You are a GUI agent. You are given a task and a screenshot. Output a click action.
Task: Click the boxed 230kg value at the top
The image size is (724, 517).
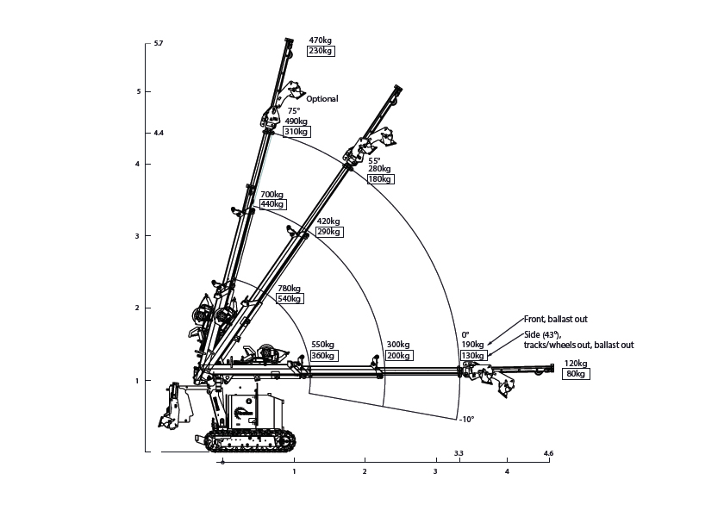[321, 51]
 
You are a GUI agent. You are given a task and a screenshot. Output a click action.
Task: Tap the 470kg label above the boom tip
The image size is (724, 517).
[321, 40]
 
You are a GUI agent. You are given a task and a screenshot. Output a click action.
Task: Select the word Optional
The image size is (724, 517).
[321, 99]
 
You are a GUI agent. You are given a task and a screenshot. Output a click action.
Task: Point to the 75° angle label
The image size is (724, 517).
[293, 111]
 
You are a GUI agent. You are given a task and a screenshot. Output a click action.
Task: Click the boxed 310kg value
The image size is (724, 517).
[296, 132]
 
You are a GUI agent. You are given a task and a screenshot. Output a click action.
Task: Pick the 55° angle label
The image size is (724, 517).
[374, 160]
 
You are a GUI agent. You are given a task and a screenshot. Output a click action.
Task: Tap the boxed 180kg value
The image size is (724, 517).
[379, 179]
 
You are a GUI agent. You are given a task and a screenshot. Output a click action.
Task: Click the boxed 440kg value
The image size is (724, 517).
[271, 204]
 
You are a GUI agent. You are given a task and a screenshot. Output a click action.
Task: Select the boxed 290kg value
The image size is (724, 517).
[328, 232]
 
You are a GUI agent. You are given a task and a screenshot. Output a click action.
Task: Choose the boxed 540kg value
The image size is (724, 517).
[289, 299]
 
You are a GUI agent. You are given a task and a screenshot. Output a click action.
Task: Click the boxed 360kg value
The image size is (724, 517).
[323, 355]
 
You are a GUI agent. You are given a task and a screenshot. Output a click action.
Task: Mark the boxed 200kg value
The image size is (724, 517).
[398, 355]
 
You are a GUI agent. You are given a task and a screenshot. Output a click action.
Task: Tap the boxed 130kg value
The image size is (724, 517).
[473, 355]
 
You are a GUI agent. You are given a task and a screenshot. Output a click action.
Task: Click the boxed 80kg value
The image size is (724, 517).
[575, 374]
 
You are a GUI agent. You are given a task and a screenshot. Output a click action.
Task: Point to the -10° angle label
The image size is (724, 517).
[466, 420]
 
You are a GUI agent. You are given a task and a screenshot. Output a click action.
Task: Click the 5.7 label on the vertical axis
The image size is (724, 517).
[158, 43]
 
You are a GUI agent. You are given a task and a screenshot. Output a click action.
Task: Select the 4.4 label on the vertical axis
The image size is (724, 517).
[158, 134]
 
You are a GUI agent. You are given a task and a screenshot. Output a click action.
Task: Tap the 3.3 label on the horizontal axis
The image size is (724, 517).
[459, 453]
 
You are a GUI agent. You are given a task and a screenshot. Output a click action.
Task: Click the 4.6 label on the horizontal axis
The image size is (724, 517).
[548, 453]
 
